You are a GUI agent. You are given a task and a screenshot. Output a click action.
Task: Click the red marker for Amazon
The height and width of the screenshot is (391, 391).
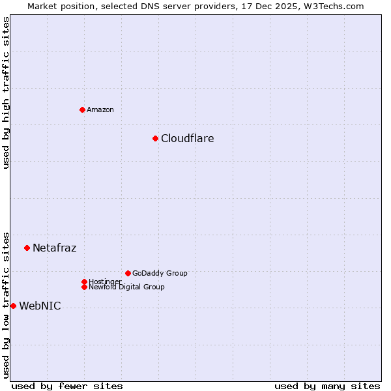tap(82, 109)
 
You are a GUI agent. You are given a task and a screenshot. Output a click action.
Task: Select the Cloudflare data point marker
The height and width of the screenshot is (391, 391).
tap(155, 138)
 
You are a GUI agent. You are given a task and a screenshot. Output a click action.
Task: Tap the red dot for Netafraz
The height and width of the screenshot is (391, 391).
tap(27, 248)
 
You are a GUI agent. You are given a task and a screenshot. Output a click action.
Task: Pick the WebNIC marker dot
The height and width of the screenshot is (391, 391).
tap(13, 306)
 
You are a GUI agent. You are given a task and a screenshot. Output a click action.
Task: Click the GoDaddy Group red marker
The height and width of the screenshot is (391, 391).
tap(128, 273)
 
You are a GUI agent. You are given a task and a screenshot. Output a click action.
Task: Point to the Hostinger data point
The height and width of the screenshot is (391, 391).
tap(84, 282)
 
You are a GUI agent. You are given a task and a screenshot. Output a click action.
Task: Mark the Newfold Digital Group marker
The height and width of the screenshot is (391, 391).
tap(84, 287)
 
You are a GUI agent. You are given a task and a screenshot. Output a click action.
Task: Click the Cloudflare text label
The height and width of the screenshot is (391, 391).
tap(187, 138)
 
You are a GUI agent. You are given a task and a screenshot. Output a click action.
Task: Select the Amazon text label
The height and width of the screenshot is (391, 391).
tap(100, 109)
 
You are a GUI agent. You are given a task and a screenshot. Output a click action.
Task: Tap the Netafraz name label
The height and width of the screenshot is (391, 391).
tap(54, 248)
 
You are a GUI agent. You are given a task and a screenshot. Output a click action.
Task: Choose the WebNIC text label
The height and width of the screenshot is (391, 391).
tap(40, 306)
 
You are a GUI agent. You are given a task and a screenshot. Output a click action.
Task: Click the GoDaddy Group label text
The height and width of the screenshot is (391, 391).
tap(160, 273)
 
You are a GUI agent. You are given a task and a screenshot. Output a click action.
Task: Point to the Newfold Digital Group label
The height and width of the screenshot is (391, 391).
tap(126, 287)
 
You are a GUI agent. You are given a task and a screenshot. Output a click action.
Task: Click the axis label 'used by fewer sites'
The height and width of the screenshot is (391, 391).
tap(67, 386)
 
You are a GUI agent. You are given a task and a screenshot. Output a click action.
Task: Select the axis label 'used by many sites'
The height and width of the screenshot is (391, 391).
tap(327, 386)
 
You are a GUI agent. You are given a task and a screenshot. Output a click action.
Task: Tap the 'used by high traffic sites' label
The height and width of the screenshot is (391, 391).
tap(6, 93)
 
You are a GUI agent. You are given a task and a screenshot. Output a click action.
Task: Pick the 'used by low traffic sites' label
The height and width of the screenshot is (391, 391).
tap(6, 304)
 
